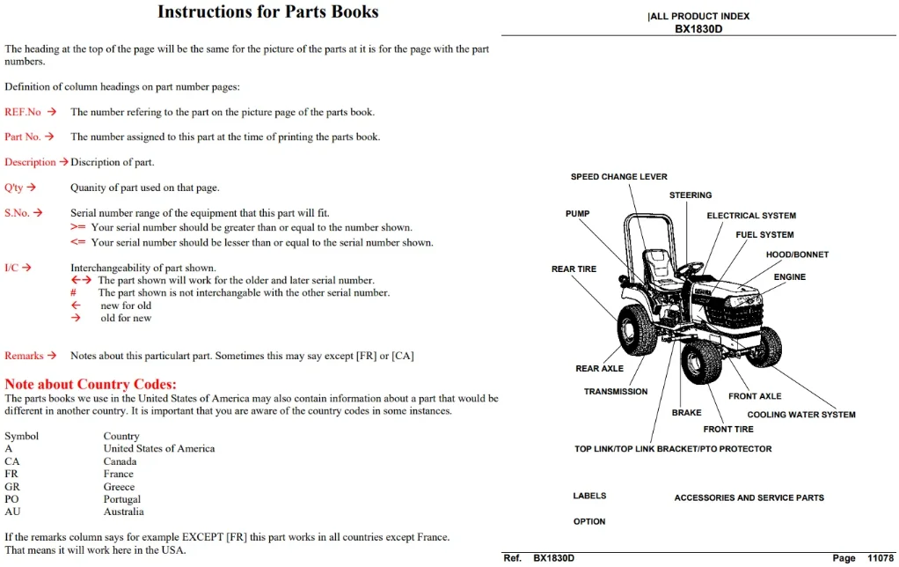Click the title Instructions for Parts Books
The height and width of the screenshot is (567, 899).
tap(267, 12)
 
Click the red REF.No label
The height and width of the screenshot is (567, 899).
tap(23, 112)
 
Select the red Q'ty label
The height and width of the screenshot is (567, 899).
tap(14, 188)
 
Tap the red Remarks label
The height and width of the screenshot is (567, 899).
tap(24, 356)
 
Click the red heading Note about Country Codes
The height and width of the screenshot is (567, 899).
tap(91, 384)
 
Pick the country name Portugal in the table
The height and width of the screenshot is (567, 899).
tap(121, 499)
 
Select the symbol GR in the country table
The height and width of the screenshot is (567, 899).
tap(12, 487)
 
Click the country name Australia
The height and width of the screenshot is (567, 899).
tap(123, 512)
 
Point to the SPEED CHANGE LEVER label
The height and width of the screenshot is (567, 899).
tap(618, 177)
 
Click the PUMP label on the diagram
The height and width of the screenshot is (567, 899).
tap(577, 213)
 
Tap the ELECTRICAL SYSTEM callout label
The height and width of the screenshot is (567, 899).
tap(751, 216)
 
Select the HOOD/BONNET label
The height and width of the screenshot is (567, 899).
tap(797, 254)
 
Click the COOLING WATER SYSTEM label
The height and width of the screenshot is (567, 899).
tap(801, 415)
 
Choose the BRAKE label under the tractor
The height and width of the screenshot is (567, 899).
tap(686, 413)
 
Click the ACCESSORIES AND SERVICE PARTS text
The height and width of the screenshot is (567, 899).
tap(749, 498)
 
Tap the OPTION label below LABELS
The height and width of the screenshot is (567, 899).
tap(589, 522)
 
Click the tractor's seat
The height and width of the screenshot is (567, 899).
tap(660, 269)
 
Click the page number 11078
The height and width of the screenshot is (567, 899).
tap(880, 558)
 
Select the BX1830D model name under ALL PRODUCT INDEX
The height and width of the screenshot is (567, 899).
tap(698, 29)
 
